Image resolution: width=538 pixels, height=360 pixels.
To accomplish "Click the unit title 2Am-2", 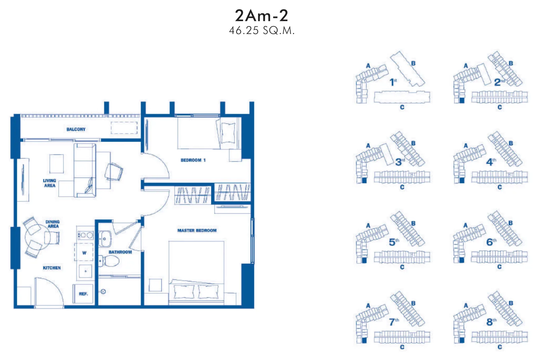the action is point(261,15).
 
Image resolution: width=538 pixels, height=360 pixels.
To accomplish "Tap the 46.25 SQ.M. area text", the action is point(262,31).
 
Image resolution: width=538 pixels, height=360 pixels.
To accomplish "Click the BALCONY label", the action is point(76,129).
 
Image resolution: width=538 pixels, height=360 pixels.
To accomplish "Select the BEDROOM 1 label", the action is point(193,160).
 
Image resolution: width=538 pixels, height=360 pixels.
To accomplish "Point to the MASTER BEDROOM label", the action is point(197,230).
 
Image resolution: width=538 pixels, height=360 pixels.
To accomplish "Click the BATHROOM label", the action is point(120,252).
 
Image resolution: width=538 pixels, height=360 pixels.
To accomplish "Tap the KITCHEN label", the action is point(52,268).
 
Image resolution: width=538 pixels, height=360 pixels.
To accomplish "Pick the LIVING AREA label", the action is point(49,183).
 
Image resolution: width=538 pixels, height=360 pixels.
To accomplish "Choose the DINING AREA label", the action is point(52,224).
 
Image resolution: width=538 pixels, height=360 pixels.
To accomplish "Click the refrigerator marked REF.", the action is point(83,294).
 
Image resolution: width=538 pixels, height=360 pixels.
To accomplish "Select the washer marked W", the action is point(84,252).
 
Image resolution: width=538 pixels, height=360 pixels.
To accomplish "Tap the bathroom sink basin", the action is point(105,239).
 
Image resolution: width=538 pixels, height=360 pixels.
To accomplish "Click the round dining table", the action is point(38,237).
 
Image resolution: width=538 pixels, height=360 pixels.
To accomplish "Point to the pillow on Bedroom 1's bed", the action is point(228,133).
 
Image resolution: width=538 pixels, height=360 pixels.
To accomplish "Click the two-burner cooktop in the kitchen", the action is point(85,235).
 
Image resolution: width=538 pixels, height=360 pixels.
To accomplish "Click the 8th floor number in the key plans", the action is point(491,322).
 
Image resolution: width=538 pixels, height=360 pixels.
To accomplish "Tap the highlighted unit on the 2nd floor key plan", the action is point(462,100).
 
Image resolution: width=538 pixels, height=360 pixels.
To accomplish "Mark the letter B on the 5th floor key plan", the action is point(413,223).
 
